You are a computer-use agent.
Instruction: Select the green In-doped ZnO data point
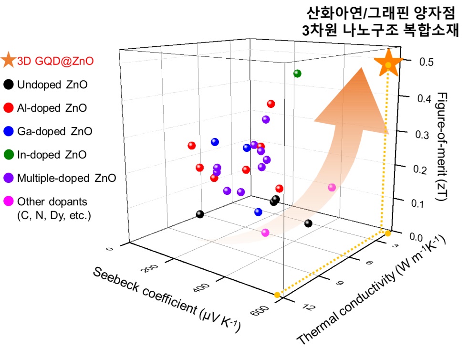click(x=298, y=74)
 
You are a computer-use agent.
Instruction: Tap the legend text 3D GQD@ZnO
click(x=55, y=61)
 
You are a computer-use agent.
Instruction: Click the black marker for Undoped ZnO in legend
click(x=8, y=85)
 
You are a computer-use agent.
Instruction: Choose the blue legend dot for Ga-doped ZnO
click(x=8, y=131)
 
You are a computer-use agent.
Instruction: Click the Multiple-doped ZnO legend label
click(x=66, y=179)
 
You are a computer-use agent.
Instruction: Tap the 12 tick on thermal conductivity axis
click(x=308, y=307)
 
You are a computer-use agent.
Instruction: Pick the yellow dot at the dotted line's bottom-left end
click(x=277, y=295)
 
